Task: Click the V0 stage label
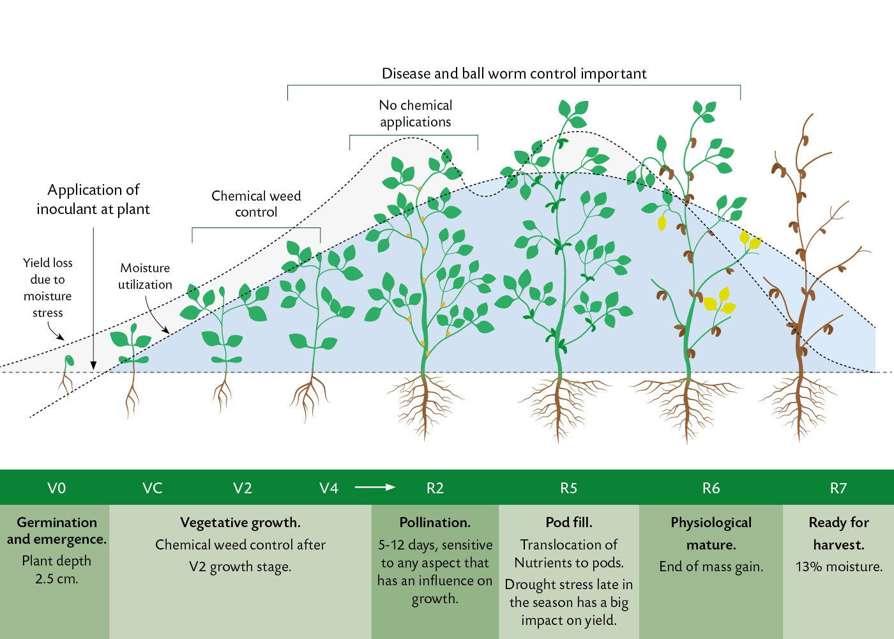(56, 488)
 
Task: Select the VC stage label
(153, 488)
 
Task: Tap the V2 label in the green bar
(243, 488)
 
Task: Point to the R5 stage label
(569, 488)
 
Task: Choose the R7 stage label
(838, 488)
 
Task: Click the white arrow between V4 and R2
(375, 487)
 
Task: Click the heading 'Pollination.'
(435, 523)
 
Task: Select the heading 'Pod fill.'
(569, 523)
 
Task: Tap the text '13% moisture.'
(838, 567)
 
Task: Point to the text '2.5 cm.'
(56, 579)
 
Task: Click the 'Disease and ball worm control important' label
(514, 73)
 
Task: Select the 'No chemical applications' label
(416, 114)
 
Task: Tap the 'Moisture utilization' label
(146, 276)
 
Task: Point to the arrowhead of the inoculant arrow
(93, 366)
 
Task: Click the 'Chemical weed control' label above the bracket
(256, 204)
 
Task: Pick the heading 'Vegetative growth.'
(240, 523)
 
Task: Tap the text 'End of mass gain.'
(711, 567)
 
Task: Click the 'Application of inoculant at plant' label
(93, 199)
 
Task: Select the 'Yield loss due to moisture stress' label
(47, 288)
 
